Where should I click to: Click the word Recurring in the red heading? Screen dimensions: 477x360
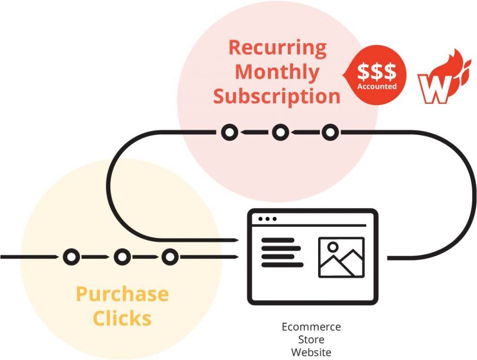[278, 48]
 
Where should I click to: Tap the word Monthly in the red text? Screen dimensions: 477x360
[277, 73]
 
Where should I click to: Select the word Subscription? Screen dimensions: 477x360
[277, 96]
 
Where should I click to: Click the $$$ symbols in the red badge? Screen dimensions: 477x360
[376, 72]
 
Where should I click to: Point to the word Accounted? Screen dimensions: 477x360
[377, 86]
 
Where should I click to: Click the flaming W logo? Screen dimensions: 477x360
[444, 77]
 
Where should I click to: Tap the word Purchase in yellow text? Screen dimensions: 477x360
[123, 294]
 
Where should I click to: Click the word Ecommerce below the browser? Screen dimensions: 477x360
[311, 327]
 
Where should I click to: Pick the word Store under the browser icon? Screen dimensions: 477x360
[311, 340]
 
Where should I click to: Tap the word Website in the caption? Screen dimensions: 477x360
[311, 353]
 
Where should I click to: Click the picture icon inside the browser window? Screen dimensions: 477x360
[341, 257]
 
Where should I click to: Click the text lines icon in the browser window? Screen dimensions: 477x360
[282, 253]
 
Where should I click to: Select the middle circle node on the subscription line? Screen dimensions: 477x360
[280, 133]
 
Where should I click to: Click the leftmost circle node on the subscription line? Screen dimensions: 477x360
[229, 133]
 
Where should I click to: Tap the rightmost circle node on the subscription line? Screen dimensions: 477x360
[330, 133]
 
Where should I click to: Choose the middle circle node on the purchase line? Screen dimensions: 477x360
[123, 257]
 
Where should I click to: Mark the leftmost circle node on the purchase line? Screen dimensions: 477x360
[71, 257]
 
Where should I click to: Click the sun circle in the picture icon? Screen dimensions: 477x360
[333, 247]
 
